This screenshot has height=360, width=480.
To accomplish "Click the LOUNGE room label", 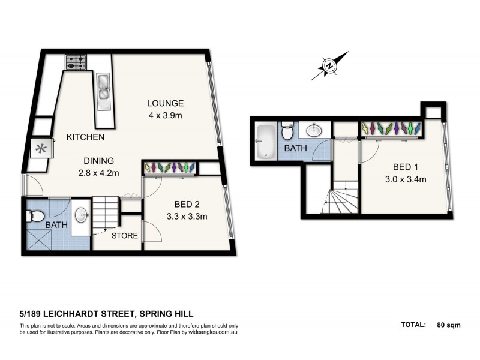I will click(166, 103).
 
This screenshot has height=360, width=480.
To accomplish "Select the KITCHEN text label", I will click(85, 137).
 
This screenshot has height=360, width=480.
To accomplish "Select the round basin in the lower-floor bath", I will click(82, 214).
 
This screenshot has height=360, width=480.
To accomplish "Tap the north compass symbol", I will click(329, 67).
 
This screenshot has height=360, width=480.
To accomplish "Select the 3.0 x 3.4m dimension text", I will click(405, 178).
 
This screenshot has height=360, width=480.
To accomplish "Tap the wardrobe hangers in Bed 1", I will click(391, 128).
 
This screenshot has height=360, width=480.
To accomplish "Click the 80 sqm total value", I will click(449, 325).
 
